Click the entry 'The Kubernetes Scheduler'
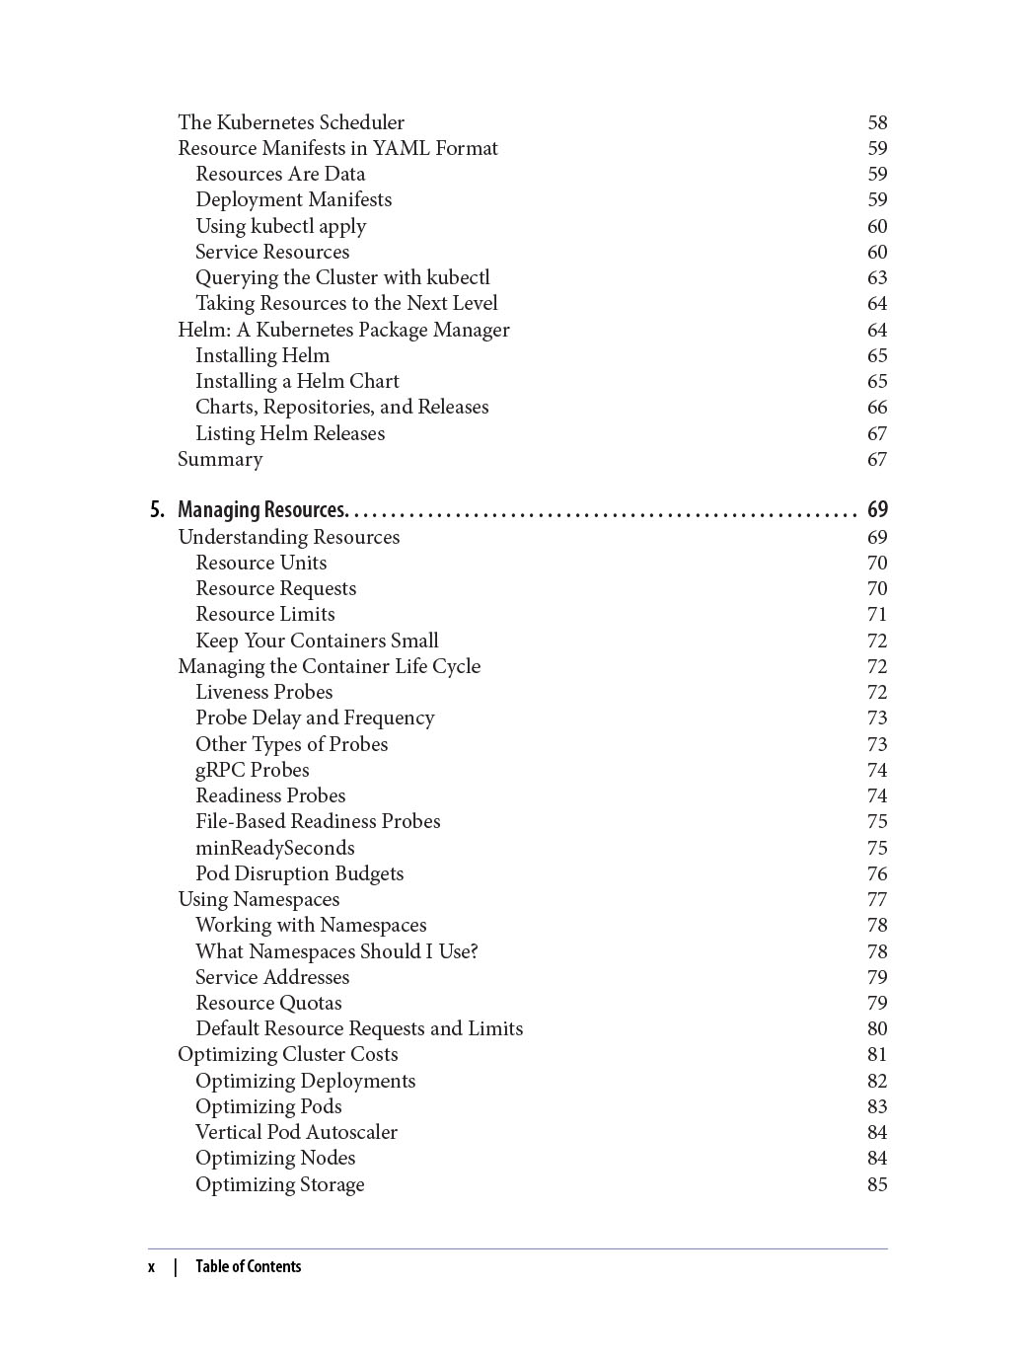(x=291, y=122)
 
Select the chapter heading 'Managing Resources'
(x=261, y=510)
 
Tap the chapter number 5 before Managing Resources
(x=157, y=510)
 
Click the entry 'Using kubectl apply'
(x=280, y=226)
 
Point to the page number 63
(x=877, y=278)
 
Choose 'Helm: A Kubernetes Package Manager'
(x=343, y=330)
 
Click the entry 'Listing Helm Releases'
(x=290, y=433)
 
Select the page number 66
(x=877, y=408)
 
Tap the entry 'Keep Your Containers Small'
(x=317, y=641)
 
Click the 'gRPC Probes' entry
(x=252, y=770)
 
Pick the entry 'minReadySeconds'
(x=274, y=848)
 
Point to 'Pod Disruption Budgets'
(x=299, y=873)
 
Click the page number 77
(x=877, y=900)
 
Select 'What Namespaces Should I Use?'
(x=336, y=951)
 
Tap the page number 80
(x=877, y=1029)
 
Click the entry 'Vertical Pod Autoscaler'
(x=296, y=1132)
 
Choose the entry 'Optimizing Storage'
(x=279, y=1184)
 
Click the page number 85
(x=877, y=1184)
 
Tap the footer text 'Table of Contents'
(x=248, y=1267)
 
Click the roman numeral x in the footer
(x=152, y=1267)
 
